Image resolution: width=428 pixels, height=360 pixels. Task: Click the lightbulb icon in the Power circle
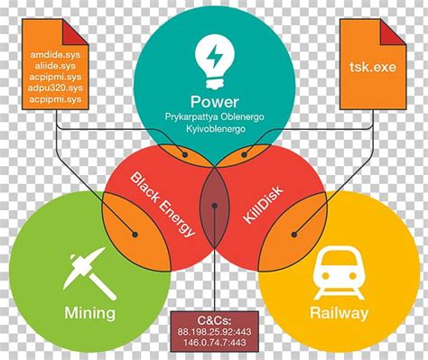[214, 58]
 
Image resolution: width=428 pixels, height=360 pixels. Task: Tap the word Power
[214, 101]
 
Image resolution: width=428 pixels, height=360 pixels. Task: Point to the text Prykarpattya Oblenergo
[214, 118]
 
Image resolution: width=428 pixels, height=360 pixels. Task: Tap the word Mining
[89, 313]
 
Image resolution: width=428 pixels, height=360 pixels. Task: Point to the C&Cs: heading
[213, 321]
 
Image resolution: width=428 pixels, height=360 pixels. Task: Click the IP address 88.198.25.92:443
[213, 333]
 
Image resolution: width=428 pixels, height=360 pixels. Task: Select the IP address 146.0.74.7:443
[213, 345]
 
